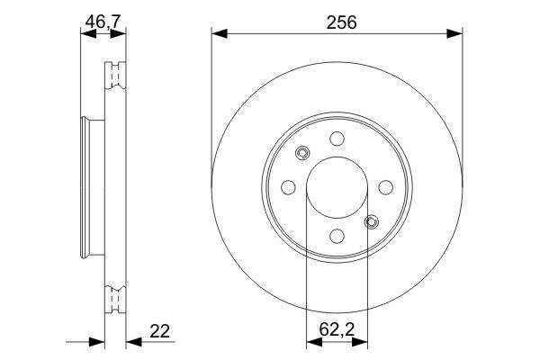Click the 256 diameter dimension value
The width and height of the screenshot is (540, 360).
click(342, 22)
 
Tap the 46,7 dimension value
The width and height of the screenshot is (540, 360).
click(103, 22)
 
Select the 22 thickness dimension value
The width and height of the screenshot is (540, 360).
click(160, 330)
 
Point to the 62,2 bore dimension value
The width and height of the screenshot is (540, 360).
click(337, 329)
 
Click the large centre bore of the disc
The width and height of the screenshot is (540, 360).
click(337, 187)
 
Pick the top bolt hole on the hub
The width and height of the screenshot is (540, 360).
click(337, 139)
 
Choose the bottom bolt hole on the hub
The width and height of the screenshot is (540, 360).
click(337, 236)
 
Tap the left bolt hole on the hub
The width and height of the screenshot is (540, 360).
click(288, 187)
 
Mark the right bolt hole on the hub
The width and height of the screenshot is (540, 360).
click(386, 187)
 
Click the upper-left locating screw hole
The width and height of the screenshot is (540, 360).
click(302, 153)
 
